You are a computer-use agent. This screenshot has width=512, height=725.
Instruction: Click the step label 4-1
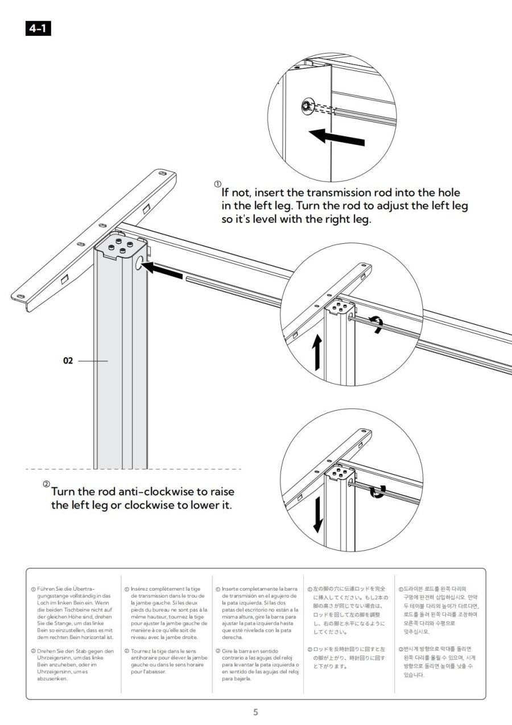click(38, 28)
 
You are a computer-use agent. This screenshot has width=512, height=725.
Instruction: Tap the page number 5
click(255, 712)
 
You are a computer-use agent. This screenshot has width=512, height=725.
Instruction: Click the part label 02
click(68, 361)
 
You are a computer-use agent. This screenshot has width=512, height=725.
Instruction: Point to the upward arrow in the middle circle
click(317, 351)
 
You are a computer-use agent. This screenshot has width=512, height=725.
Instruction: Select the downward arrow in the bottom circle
click(317, 514)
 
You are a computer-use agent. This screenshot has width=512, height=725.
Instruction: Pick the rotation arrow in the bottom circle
click(377, 491)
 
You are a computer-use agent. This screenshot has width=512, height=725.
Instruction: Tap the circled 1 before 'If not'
click(217, 184)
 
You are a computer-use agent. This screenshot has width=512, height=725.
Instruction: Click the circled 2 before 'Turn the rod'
click(46, 484)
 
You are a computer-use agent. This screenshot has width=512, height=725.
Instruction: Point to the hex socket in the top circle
click(306, 105)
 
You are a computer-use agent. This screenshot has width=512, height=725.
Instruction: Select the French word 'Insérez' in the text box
click(141, 588)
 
